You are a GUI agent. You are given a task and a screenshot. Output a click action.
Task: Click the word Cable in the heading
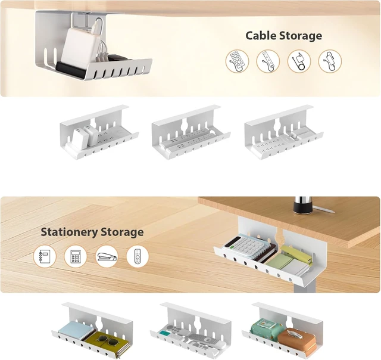tap(261, 36)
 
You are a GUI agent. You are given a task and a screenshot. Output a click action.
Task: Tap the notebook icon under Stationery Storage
tap(45, 257)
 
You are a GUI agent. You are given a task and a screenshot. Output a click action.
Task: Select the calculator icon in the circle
tap(76, 257)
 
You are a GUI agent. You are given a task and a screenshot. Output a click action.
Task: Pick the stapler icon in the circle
tap(107, 257)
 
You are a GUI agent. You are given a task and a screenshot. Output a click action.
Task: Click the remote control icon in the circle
tap(138, 257)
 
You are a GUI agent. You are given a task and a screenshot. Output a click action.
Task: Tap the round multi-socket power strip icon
tap(237, 61)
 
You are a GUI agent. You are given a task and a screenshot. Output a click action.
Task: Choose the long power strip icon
tap(268, 61)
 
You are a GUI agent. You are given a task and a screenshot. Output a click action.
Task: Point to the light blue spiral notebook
tap(76, 330)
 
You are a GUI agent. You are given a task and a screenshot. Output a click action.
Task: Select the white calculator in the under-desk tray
tap(246, 245)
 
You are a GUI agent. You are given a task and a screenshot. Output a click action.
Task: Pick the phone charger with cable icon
tap(299, 61)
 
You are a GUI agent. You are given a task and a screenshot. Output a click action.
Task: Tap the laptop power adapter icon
tap(330, 61)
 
